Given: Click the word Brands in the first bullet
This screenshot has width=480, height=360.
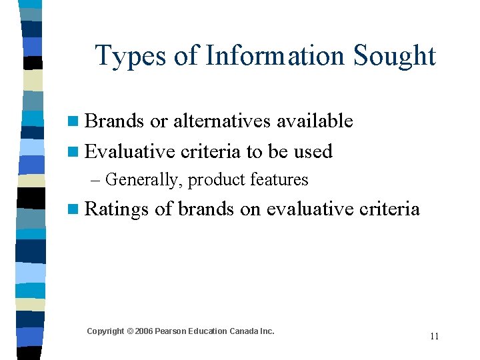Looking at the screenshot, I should tap(115, 121).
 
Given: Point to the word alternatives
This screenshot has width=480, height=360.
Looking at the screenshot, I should tap(215, 121).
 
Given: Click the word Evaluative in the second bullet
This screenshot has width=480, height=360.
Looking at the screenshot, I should tap(130, 151).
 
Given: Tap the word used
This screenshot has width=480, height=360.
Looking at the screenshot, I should tap(313, 151).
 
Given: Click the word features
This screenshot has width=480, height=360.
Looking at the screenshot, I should tap(279, 179).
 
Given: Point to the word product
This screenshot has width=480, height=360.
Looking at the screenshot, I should tap(218, 180).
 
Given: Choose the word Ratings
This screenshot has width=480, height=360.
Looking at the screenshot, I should tap(117, 209).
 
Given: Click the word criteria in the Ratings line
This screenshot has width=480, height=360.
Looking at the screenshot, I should tap(389, 209).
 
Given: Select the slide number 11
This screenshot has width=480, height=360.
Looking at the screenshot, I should tap(434, 336).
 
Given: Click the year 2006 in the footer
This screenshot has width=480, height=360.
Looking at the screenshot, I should tap(143, 331).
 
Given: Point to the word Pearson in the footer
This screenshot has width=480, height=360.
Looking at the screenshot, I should tap(169, 331).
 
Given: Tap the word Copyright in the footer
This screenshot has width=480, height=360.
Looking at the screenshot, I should tap(105, 331).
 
